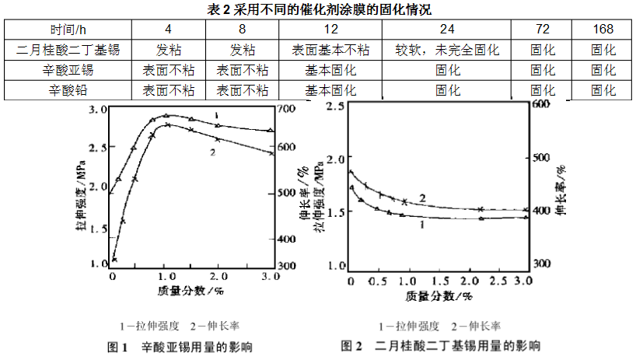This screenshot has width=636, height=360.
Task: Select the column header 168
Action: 603,30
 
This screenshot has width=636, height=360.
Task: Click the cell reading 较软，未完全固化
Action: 447,50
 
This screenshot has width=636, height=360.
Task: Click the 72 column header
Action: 542,30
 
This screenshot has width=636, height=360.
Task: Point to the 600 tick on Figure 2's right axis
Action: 540,104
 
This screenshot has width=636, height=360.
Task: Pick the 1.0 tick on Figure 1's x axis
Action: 164,276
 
